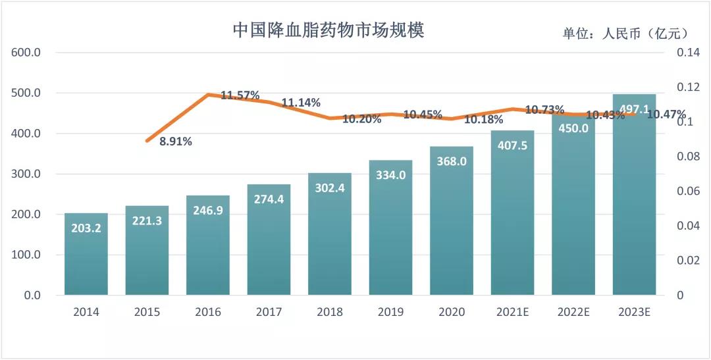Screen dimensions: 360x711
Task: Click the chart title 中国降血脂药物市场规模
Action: point(329,30)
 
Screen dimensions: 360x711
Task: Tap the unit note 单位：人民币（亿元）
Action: point(625,34)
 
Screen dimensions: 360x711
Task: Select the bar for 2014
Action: point(86,257)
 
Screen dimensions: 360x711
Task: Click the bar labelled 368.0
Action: point(452,224)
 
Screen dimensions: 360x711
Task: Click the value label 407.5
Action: point(512,145)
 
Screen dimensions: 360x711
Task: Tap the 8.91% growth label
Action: point(176,141)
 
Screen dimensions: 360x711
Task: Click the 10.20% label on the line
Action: point(362,120)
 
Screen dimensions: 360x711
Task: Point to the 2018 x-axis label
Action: point(330,312)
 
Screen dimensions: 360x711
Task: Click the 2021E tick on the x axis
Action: point(512,312)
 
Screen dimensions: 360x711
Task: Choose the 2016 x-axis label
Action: point(208,312)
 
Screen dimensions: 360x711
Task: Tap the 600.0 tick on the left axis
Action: point(27,53)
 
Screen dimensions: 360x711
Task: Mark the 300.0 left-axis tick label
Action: point(27,174)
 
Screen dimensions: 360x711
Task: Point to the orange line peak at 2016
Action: point(208,95)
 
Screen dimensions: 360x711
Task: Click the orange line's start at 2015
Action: point(147,141)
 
